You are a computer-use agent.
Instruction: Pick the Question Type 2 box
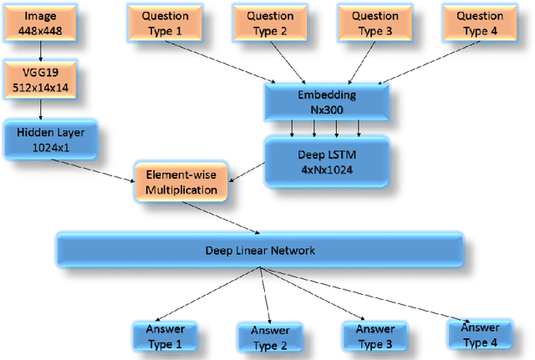pyautogui.click(x=267, y=22)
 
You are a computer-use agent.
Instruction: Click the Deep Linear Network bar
pyautogui.click(x=259, y=250)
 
